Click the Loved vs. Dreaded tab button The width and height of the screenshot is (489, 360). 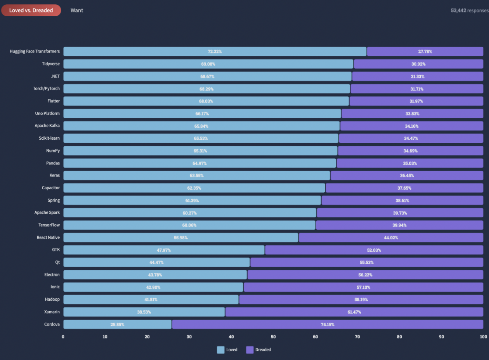31,10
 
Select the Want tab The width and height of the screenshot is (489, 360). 77,10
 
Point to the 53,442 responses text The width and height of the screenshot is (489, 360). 469,10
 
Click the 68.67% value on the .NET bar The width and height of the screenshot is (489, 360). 207,76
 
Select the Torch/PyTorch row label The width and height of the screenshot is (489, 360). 46,89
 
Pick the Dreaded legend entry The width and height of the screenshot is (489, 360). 259,350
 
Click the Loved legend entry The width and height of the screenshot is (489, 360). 227,350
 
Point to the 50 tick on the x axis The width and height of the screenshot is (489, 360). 273,337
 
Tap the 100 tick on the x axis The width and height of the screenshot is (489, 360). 483,337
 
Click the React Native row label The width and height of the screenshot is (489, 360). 48,237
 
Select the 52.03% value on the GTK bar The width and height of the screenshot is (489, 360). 374,250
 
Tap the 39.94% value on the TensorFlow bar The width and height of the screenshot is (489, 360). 400,225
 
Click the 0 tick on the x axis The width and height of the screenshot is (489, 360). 63,337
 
